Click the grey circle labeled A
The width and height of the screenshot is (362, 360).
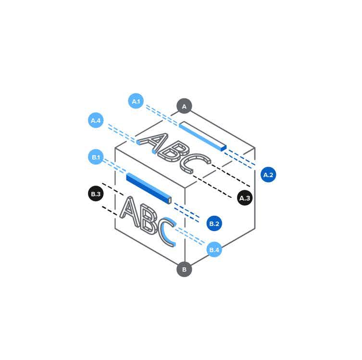184,106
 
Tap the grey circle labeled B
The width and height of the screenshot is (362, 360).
184,269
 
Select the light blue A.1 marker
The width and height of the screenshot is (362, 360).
136,101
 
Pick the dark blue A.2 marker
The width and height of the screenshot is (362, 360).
268,175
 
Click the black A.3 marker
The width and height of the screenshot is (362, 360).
245,198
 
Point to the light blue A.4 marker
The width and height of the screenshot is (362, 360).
96,120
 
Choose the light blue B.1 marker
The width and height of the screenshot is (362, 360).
96,157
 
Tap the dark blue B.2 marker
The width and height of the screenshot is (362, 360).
214,223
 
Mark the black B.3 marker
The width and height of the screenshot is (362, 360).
96,193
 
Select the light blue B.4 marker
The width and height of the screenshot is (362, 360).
214,250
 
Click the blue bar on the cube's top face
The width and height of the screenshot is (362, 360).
203,136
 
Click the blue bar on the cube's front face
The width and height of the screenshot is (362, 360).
149,188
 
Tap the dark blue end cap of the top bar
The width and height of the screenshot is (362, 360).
224,148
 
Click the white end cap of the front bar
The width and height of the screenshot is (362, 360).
170,201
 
